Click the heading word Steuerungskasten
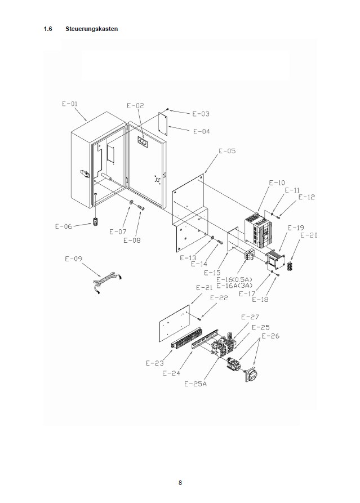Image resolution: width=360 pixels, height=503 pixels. point(92,29)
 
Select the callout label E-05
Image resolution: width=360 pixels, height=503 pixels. point(227,151)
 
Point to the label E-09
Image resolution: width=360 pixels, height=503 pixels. point(74,259)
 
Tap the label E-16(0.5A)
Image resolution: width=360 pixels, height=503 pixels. point(236,279)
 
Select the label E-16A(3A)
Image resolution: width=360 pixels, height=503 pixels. point(236,286)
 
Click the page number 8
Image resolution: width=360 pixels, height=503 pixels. point(180,483)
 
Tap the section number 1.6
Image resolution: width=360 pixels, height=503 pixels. point(48,29)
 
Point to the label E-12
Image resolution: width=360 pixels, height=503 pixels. point(307,197)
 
